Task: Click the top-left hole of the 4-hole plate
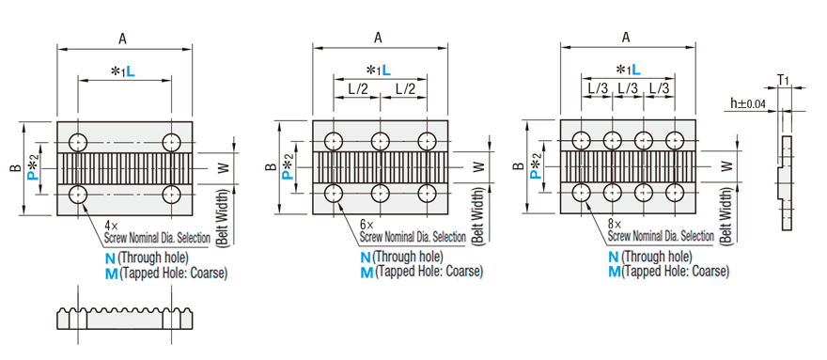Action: [x=77, y=142]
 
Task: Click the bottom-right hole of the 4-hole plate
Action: [x=171, y=194]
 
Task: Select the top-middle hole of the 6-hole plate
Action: [x=381, y=142]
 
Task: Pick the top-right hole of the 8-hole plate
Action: [x=676, y=141]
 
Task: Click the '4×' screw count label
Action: [x=112, y=226]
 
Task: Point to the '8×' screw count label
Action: [x=613, y=226]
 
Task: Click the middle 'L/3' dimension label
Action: [x=629, y=87]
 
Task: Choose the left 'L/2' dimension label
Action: [x=357, y=87]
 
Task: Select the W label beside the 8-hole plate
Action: [x=726, y=166]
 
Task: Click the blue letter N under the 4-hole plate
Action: [x=112, y=257]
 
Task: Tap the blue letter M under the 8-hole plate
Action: [x=614, y=272]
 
